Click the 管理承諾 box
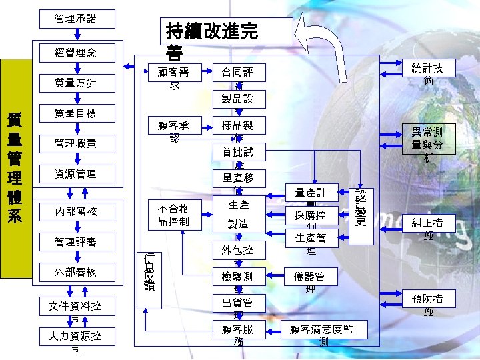(75, 19)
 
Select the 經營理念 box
(75, 52)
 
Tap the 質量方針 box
(75, 83)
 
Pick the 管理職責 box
(75, 143)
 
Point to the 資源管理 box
(75, 174)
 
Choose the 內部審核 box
(75, 212)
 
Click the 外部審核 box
(75, 271)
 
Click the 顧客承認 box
(173, 131)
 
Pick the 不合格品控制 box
(173, 213)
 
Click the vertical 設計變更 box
(361, 212)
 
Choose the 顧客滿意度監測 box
(323, 334)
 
